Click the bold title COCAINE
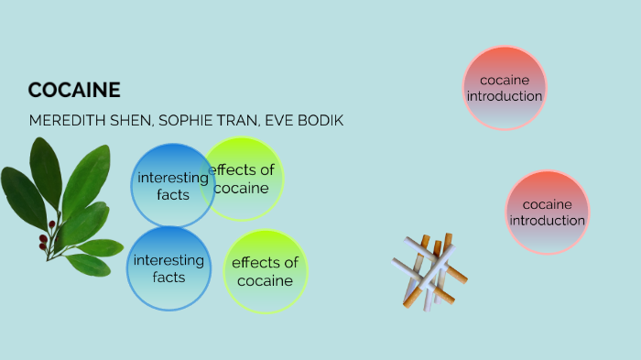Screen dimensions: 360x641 pos(74,90)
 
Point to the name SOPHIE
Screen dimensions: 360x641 pos(191,121)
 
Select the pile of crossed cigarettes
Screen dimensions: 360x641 pos(429,270)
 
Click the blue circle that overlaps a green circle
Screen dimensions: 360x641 pos(169,186)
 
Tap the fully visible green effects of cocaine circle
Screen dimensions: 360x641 pos(266,271)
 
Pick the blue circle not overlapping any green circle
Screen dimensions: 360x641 pos(168,268)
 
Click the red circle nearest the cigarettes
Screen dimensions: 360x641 pos(548,213)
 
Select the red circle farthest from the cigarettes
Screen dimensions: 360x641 pos(505,87)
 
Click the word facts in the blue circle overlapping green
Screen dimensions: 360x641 pos(172,194)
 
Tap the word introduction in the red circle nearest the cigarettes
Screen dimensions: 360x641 pos(548,221)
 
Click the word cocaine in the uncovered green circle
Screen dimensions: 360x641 pos(266,280)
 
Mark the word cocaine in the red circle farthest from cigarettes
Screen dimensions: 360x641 pos(505,80)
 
